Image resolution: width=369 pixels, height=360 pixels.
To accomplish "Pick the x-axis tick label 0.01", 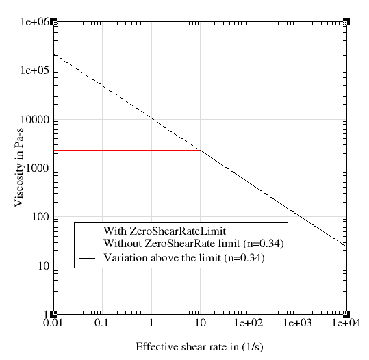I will click(x=53, y=322).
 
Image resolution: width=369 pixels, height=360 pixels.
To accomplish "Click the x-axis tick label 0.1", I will click(x=101, y=322).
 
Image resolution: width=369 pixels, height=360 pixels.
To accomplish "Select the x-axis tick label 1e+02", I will click(x=248, y=322).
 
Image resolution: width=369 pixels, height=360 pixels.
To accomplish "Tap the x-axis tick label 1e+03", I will click(x=297, y=322).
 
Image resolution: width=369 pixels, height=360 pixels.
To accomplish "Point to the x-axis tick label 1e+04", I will click(x=346, y=322).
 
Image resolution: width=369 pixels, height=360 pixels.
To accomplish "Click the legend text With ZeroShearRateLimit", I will click(x=164, y=231).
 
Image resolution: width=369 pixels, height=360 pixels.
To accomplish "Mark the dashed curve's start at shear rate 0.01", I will click(x=53, y=54).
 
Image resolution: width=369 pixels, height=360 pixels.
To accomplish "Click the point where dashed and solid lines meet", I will click(x=200, y=150).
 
